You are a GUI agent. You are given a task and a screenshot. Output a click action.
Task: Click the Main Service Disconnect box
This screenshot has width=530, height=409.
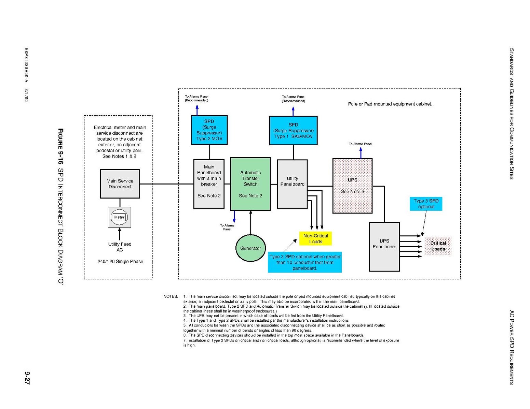[120, 184]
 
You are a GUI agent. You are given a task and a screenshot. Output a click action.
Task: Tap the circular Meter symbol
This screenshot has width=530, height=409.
[119, 217]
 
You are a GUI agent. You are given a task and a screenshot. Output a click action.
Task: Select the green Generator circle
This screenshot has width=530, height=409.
[250, 248]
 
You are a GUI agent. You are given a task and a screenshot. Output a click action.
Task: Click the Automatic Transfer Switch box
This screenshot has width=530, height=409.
[250, 184]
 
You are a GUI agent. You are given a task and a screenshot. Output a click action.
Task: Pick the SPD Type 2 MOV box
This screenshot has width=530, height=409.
[209, 130]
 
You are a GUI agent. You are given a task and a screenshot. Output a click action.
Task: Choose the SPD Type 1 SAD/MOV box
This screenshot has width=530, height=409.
[293, 131]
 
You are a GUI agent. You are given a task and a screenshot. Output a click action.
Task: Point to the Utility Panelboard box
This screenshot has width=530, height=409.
[292, 184]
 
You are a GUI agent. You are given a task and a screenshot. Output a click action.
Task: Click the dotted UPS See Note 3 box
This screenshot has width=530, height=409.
[352, 186]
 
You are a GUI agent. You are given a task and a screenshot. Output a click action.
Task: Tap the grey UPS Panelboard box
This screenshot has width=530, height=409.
[384, 247]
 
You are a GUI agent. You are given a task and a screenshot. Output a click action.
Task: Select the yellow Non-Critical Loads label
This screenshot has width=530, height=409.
[315, 238]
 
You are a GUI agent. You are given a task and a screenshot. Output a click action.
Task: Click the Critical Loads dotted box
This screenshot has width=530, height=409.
[438, 246]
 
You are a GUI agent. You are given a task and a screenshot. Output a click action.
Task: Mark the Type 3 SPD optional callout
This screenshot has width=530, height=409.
[426, 204]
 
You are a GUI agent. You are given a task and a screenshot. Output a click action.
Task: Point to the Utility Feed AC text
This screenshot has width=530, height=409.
[120, 247]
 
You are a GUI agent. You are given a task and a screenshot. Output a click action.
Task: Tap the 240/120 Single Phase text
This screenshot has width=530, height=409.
[120, 261]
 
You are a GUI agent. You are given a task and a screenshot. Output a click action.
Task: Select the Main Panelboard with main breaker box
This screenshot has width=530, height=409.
[209, 184]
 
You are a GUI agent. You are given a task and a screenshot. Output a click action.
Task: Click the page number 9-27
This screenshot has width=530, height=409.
[27, 378]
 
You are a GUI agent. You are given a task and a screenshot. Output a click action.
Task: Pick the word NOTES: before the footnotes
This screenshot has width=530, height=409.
[171, 296]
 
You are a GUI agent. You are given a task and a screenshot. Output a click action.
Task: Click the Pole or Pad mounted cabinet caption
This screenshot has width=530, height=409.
[390, 104]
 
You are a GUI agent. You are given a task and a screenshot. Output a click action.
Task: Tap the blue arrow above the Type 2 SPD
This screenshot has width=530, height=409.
[197, 110]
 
